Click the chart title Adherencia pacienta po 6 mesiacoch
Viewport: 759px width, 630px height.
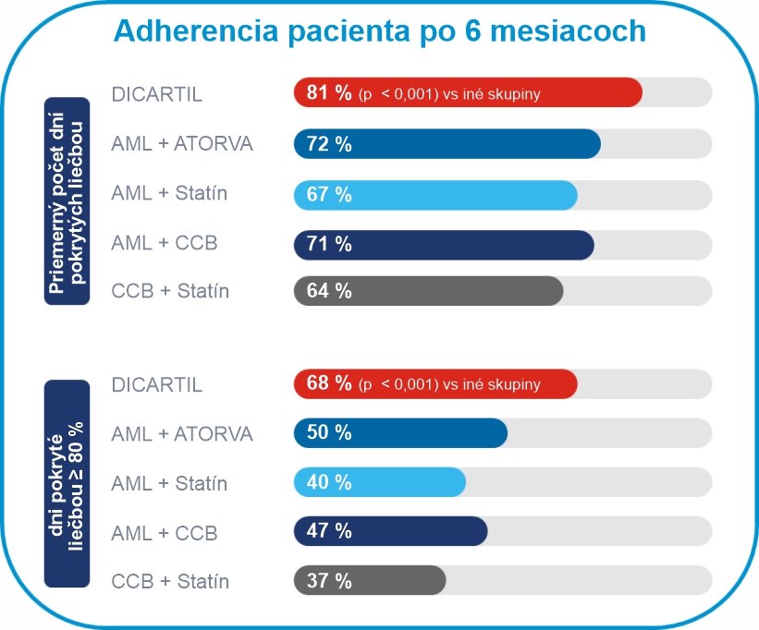click(x=379, y=31)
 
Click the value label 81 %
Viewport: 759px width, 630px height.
click(x=329, y=93)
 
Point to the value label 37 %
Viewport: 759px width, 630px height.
click(x=329, y=581)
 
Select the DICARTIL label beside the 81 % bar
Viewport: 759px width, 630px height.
click(x=156, y=94)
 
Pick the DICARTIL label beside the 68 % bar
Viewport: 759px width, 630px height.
click(x=156, y=384)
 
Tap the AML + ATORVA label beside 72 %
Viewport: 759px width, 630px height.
click(x=182, y=144)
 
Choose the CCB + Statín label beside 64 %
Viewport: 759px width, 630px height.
click(x=170, y=292)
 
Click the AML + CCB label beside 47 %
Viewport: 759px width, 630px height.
click(x=165, y=533)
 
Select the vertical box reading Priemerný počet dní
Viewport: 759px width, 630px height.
click(x=67, y=200)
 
